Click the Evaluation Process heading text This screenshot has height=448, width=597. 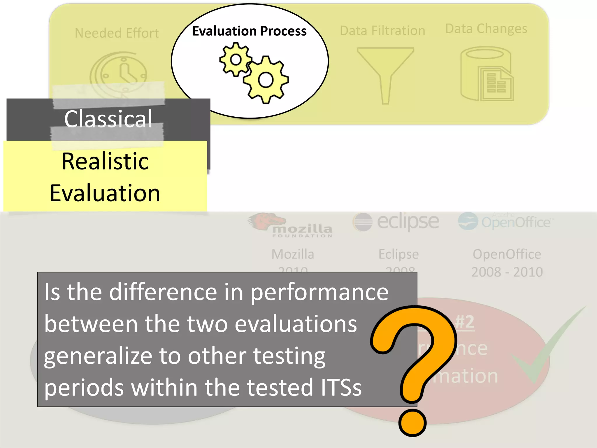249,31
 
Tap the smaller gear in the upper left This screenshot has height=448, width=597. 236,60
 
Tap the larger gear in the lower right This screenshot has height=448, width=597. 266,80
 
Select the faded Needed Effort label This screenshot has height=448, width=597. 117,33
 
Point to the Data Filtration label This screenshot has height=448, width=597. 382,31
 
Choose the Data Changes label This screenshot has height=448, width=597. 486,29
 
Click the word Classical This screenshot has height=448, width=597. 108,119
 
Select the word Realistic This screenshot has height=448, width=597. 105,161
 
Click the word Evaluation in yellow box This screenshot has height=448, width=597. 105,193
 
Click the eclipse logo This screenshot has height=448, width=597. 396,222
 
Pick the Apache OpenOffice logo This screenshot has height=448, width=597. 505,222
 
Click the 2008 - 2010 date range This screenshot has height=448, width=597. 507,272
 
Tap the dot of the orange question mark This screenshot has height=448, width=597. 412,423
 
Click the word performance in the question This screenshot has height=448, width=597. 319,293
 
